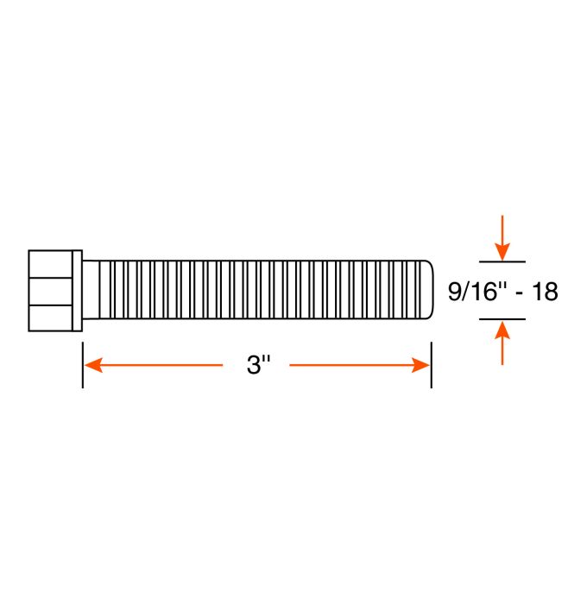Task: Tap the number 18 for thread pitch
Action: pyautogui.click(x=545, y=292)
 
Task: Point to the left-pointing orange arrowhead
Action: pyautogui.click(x=94, y=365)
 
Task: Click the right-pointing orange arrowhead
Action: pyautogui.click(x=420, y=365)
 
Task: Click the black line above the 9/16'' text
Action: pyautogui.click(x=502, y=260)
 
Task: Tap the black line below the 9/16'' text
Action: pyautogui.click(x=502, y=319)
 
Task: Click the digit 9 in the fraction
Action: pyautogui.click(x=455, y=292)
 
